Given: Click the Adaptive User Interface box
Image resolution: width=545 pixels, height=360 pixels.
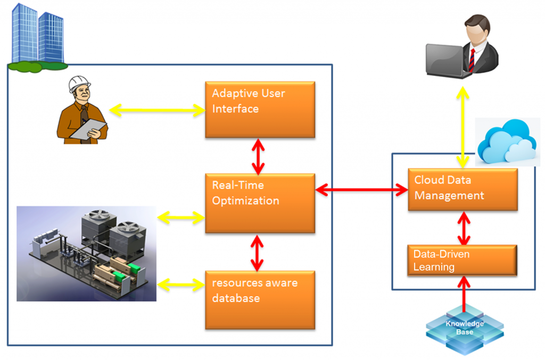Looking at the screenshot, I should [x=260, y=110].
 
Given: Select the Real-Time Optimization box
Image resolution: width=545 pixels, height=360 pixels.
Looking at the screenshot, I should [x=260, y=203].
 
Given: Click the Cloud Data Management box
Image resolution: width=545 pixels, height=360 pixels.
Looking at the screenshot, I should [x=463, y=189].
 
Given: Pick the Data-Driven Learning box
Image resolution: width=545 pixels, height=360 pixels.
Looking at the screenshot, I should [x=462, y=260].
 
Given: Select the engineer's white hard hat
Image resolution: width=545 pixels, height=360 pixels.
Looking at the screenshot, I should [x=79, y=84].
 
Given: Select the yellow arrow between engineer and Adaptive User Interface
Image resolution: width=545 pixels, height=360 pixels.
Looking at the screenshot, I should [x=156, y=111].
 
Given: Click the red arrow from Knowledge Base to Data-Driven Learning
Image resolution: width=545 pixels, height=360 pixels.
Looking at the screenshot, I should [x=464, y=295].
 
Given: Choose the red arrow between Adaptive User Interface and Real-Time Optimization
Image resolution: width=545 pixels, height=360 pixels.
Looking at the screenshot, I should [x=258, y=157].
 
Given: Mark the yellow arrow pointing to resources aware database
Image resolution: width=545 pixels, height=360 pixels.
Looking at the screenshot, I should [x=181, y=284].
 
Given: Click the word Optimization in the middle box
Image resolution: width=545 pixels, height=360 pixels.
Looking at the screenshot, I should [x=245, y=201].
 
